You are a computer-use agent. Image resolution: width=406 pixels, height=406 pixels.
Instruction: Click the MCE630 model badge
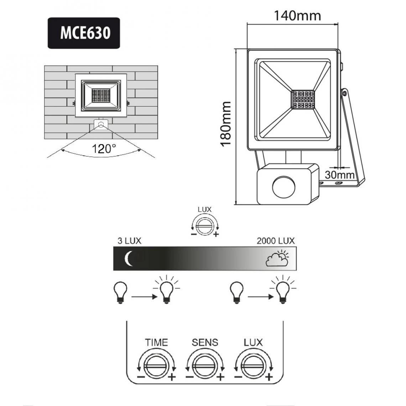point(84,33)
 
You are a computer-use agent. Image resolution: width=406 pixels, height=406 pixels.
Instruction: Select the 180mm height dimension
point(226,124)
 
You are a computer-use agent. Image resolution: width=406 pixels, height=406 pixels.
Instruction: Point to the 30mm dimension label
point(339,175)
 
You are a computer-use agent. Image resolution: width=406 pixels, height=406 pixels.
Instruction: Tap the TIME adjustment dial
point(156,364)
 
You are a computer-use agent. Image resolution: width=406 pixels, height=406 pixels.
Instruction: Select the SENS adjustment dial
point(205,364)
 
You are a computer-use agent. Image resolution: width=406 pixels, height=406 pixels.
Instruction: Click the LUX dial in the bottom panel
point(253,364)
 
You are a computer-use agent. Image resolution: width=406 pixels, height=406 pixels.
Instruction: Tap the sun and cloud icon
point(277,259)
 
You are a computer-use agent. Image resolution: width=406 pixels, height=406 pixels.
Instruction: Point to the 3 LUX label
point(129,241)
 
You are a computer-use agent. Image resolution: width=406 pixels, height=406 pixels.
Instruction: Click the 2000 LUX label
point(276,241)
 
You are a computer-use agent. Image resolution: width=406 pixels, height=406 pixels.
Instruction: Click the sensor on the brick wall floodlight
point(101,125)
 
